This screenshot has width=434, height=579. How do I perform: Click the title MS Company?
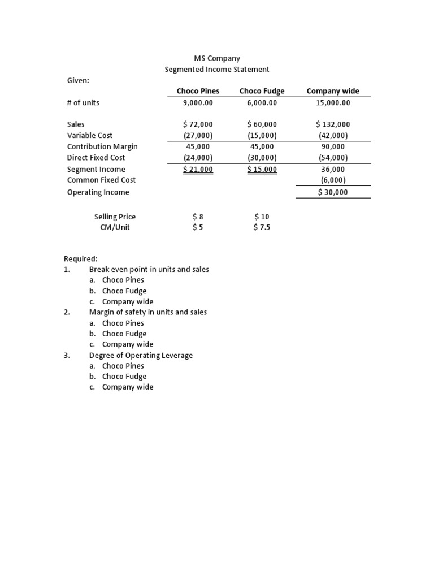(217, 58)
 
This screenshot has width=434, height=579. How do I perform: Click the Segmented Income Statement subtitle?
(217, 70)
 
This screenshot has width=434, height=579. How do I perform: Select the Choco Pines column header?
(198, 91)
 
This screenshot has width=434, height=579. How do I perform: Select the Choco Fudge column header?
(262, 91)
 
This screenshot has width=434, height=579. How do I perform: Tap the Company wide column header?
(333, 91)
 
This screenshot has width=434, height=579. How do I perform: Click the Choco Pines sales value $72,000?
(198, 124)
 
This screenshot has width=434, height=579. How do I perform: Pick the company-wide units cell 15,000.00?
(333, 103)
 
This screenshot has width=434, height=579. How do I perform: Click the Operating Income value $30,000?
(333, 192)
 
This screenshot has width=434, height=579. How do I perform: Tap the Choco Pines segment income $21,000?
(198, 170)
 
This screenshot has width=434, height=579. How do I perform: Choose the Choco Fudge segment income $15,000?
(262, 170)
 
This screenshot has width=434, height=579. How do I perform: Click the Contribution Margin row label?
(102, 146)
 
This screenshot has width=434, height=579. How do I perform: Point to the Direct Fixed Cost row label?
(96, 158)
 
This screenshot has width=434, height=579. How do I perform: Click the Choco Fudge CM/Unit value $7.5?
(262, 228)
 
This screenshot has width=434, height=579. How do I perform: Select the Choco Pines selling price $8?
(198, 217)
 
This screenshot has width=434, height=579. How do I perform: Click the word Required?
(81, 259)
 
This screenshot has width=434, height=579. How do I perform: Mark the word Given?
(78, 81)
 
